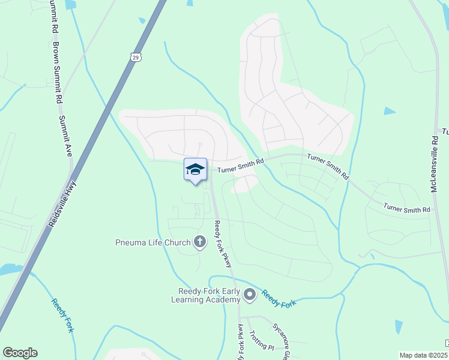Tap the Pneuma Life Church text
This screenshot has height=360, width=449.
tap(152, 242)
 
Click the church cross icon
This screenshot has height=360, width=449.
tap(200, 242)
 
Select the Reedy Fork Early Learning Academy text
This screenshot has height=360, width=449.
tap(209, 295)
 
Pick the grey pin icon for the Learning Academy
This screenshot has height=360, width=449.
tap(250, 295)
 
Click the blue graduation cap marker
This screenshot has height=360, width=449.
tap(195, 170)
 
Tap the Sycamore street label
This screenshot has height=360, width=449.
tap(282, 337)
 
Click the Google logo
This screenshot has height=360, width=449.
tap(20, 353)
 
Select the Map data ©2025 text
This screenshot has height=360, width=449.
tap(423, 355)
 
